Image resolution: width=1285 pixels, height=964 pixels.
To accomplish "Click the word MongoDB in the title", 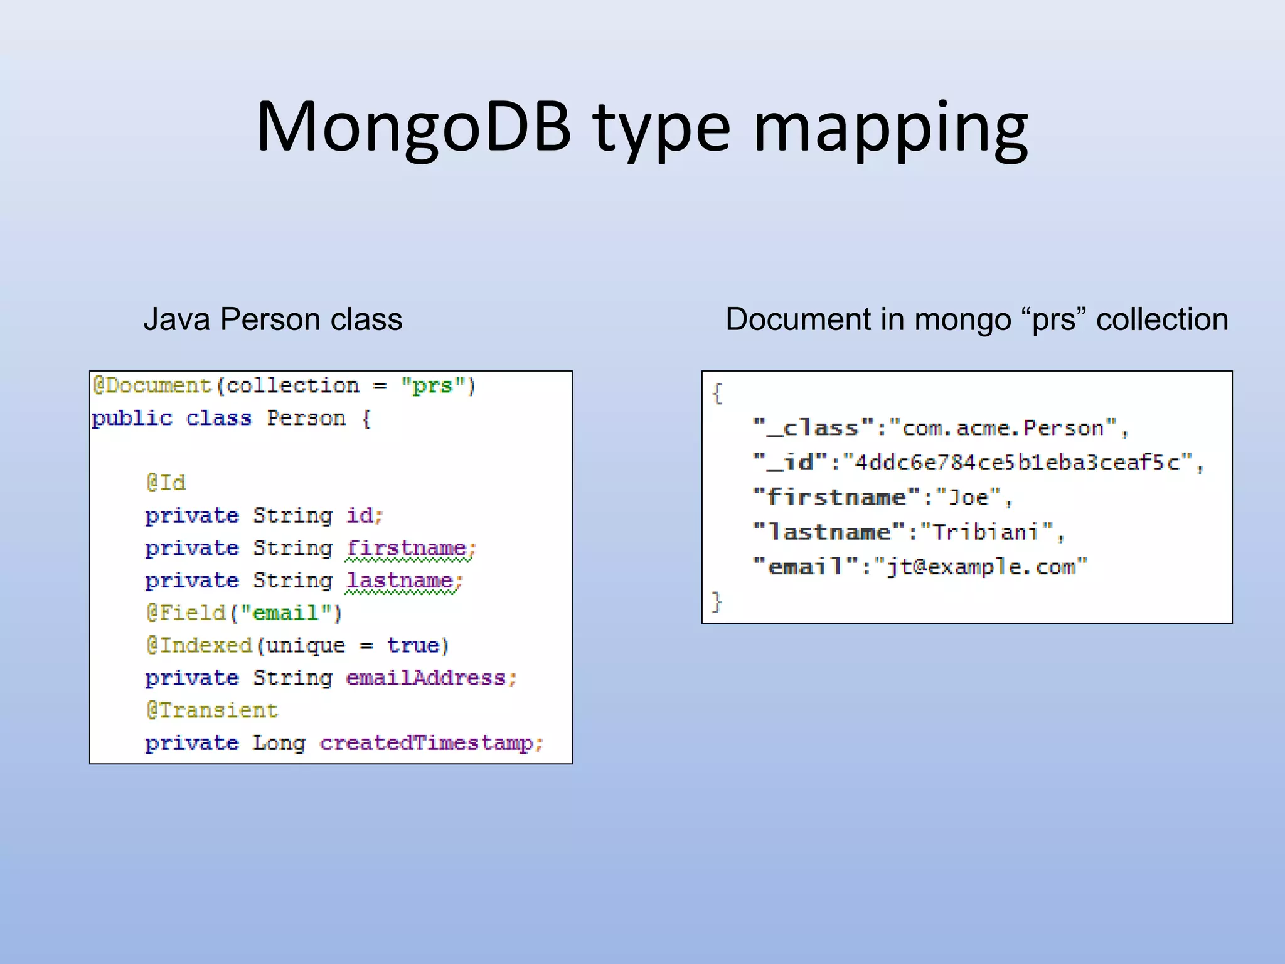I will [x=414, y=127].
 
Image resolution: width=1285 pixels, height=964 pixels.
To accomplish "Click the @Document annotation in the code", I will [x=152, y=385].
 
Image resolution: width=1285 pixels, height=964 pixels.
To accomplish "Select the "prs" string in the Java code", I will [x=433, y=385].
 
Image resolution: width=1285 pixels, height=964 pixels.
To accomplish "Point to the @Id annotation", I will [x=166, y=483].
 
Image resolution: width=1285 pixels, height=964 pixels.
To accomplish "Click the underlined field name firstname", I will [x=407, y=548].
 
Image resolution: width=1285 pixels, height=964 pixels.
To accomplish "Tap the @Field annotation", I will [x=186, y=613].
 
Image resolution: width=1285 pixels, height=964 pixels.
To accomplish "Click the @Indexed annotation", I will [x=199, y=645].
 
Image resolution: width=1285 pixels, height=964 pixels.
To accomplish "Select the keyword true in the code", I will [x=413, y=645].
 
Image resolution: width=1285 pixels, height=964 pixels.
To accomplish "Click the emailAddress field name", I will [x=426, y=678].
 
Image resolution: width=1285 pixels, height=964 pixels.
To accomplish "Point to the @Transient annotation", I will [x=212, y=710].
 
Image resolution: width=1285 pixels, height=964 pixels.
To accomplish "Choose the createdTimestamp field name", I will [x=427, y=743].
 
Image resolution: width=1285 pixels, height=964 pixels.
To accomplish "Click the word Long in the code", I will [x=279, y=743].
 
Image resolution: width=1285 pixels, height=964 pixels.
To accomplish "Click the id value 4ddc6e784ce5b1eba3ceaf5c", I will [x=1016, y=463].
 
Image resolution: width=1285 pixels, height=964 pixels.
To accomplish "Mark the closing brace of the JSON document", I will [x=717, y=601].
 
